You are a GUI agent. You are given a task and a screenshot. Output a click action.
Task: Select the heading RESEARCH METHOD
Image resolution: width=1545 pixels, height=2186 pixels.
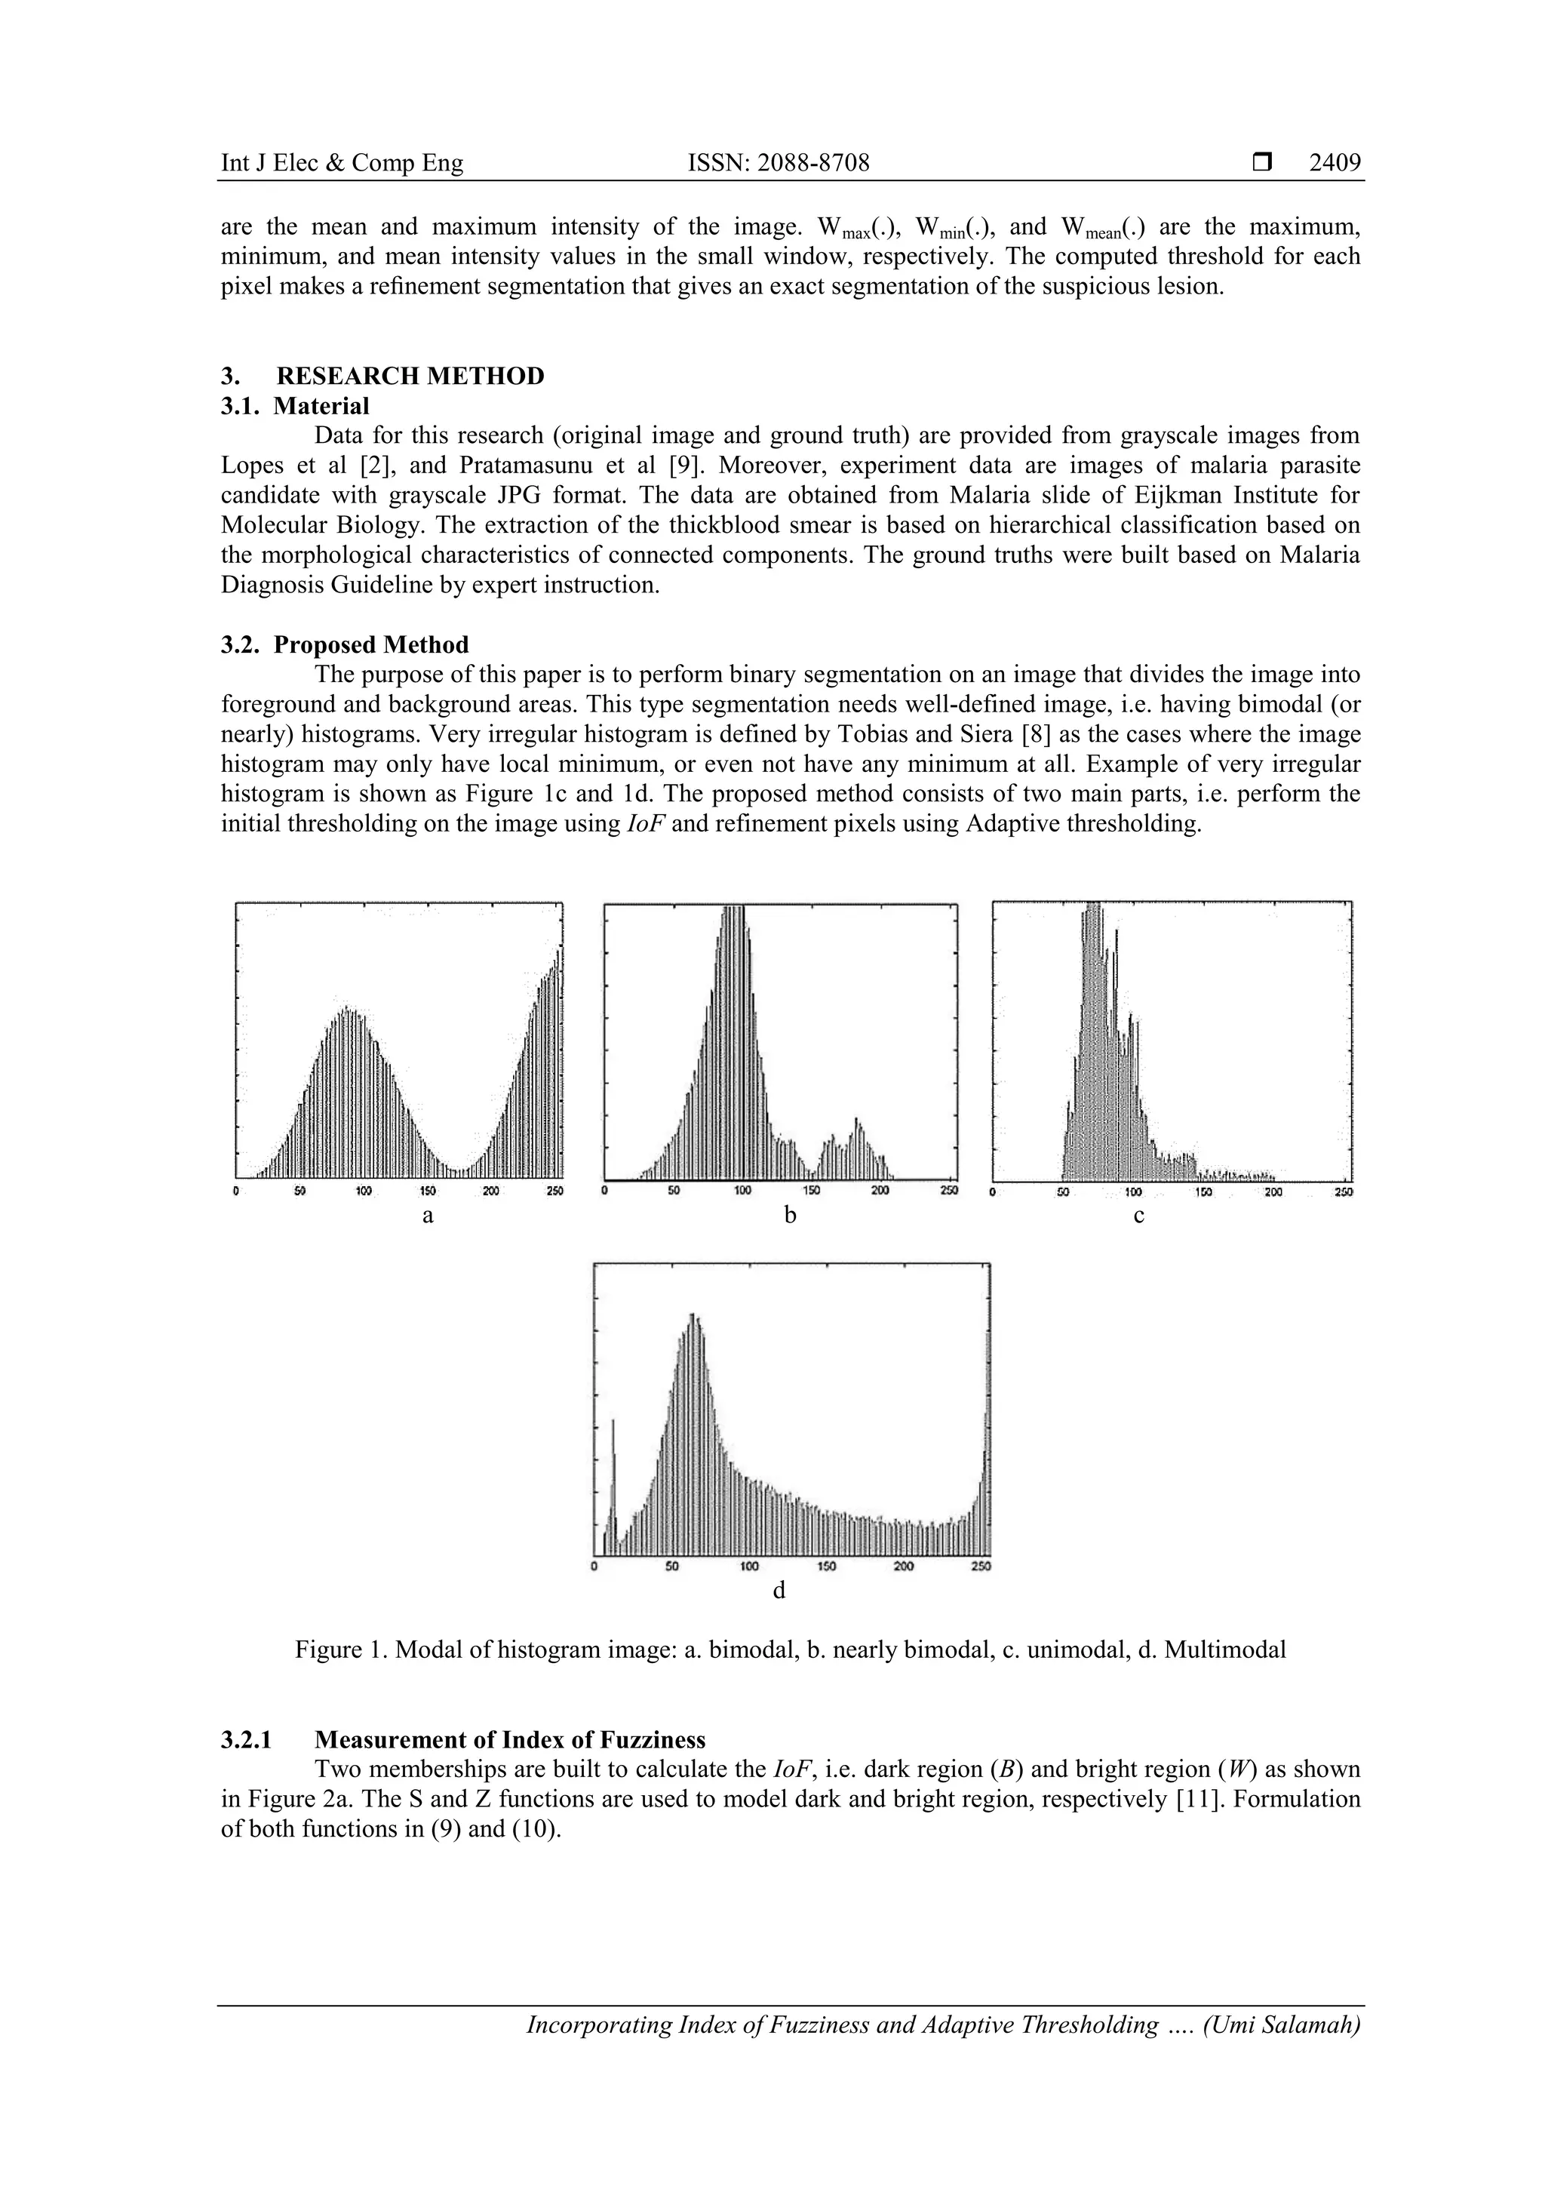pyautogui.click(x=410, y=376)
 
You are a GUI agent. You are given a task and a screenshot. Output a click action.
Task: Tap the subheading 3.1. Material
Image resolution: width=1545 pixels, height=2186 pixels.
pyautogui.click(x=295, y=406)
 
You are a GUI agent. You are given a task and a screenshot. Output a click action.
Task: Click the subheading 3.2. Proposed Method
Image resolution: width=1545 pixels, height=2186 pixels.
pyautogui.click(x=345, y=644)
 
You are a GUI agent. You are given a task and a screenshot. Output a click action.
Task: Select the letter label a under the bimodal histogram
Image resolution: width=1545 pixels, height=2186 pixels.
pyautogui.click(x=428, y=1216)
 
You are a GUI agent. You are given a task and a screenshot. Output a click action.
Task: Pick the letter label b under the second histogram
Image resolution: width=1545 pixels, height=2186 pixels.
pyautogui.click(x=789, y=1216)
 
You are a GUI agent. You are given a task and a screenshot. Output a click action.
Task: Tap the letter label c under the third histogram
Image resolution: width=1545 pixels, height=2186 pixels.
pyautogui.click(x=1138, y=1216)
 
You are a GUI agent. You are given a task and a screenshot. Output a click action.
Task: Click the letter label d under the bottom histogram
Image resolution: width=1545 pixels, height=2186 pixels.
pyautogui.click(x=779, y=1591)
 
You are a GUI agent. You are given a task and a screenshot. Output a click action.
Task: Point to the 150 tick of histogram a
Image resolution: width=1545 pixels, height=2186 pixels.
pyautogui.click(x=428, y=1191)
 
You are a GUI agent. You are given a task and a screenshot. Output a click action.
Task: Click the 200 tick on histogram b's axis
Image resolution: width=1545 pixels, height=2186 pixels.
pyautogui.click(x=880, y=1191)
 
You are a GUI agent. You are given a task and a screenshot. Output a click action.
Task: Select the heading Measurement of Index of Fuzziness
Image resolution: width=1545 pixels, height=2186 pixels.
pyautogui.click(x=510, y=1739)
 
